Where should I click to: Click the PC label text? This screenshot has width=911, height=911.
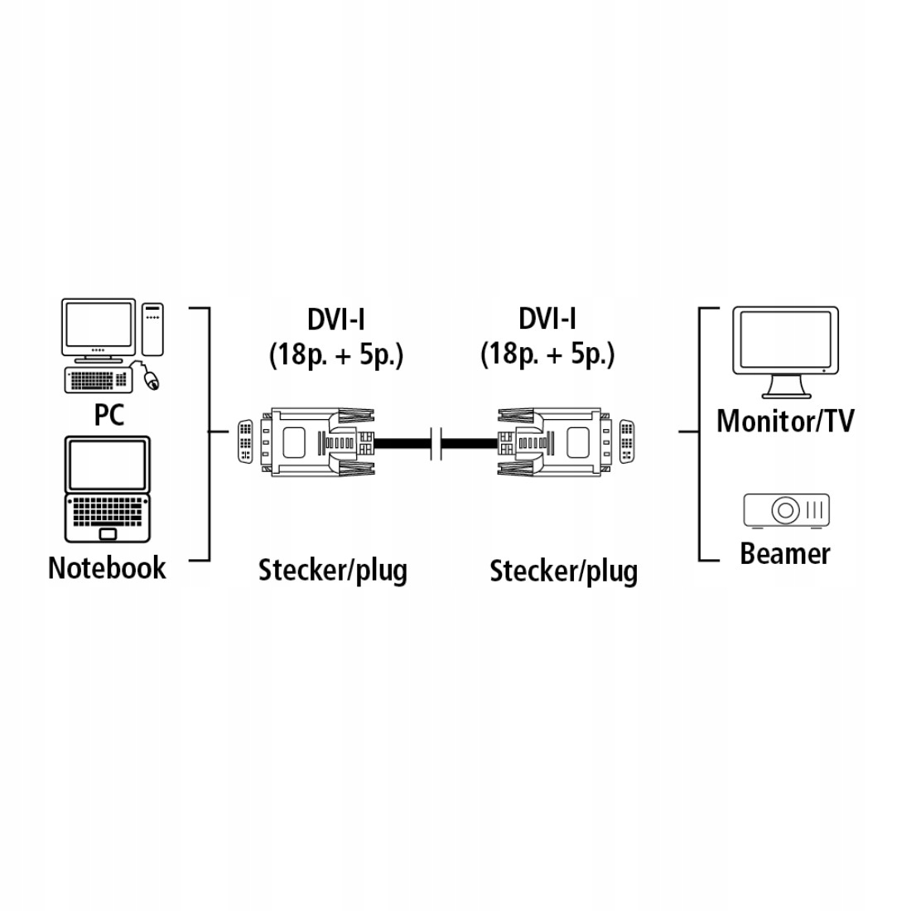point(108,414)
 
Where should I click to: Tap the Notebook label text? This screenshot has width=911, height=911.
point(107,568)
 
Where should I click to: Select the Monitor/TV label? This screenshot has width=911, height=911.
point(784,421)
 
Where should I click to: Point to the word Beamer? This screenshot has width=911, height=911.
point(784,553)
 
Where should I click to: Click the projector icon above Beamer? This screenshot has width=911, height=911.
point(786,510)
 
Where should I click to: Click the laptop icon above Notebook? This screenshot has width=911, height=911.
point(108,489)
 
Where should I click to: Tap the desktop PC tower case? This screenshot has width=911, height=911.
point(152,330)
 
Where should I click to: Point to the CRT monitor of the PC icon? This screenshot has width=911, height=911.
point(99,329)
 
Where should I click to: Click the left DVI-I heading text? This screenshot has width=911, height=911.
point(335,319)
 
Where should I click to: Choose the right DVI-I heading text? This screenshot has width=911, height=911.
point(547,319)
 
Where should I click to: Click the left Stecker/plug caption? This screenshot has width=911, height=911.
point(333,571)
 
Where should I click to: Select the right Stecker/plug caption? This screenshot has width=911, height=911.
point(563,571)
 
